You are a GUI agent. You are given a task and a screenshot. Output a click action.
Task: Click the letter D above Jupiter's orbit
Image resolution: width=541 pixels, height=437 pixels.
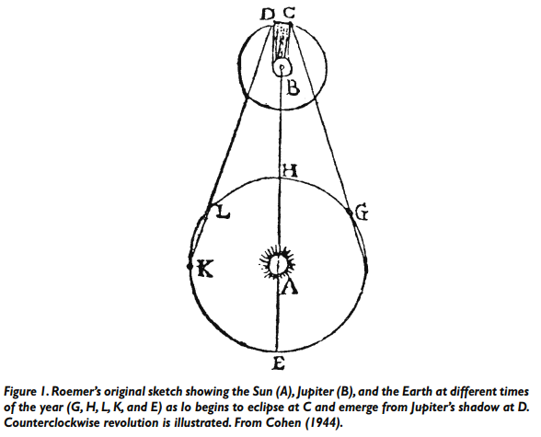point(267,15)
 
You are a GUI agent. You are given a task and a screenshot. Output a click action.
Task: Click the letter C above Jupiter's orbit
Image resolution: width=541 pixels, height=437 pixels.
point(289,13)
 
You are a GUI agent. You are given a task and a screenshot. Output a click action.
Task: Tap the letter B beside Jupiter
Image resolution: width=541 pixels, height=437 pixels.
point(293,87)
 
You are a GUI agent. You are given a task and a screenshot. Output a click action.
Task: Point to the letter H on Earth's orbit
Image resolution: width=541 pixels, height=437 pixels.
point(290,171)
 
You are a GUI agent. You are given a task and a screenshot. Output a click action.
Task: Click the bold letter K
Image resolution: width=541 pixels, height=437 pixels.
point(205,269)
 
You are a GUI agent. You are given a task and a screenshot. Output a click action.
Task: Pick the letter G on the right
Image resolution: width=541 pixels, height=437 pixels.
point(362,213)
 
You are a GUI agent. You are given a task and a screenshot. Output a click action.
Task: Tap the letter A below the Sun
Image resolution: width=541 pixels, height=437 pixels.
point(289,286)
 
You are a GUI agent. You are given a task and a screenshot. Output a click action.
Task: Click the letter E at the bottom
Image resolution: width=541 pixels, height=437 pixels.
point(278,362)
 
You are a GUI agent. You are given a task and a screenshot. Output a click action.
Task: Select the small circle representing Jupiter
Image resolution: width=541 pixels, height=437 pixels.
point(282,67)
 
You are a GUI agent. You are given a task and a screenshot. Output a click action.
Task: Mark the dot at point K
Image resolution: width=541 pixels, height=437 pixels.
point(190,266)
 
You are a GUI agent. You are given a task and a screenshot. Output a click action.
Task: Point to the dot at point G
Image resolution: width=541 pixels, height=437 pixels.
point(350,211)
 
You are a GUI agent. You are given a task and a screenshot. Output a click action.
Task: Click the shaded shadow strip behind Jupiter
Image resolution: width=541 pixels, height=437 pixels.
point(282,40)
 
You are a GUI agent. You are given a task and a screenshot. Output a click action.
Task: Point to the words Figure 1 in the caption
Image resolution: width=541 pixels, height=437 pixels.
point(27,393)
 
